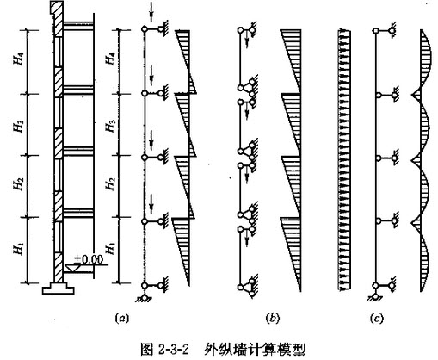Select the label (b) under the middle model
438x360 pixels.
click(x=272, y=319)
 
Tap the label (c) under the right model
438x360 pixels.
click(x=377, y=319)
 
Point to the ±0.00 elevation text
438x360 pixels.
click(x=88, y=259)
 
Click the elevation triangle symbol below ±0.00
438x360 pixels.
click(x=71, y=269)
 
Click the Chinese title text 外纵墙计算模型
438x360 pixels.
click(x=256, y=350)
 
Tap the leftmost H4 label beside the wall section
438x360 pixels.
click(x=19, y=59)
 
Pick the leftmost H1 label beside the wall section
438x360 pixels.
click(x=18, y=248)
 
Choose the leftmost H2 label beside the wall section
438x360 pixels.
click(x=19, y=184)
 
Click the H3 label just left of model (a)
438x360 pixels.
click(x=110, y=126)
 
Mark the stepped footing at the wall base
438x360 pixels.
click(x=59, y=289)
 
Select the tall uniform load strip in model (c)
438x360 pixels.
click(x=344, y=160)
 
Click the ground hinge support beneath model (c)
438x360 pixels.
click(x=375, y=297)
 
